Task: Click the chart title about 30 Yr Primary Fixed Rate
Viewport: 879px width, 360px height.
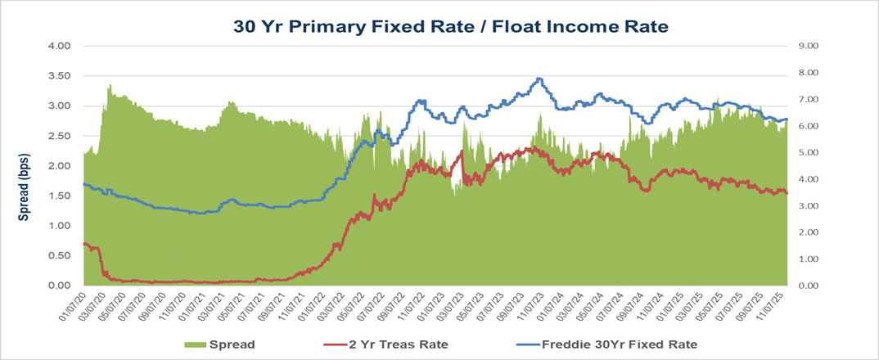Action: [x=451, y=26]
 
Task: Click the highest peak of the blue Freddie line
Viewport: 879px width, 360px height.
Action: [x=538, y=79]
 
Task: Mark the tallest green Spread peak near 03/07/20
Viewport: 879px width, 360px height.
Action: [x=110, y=85]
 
